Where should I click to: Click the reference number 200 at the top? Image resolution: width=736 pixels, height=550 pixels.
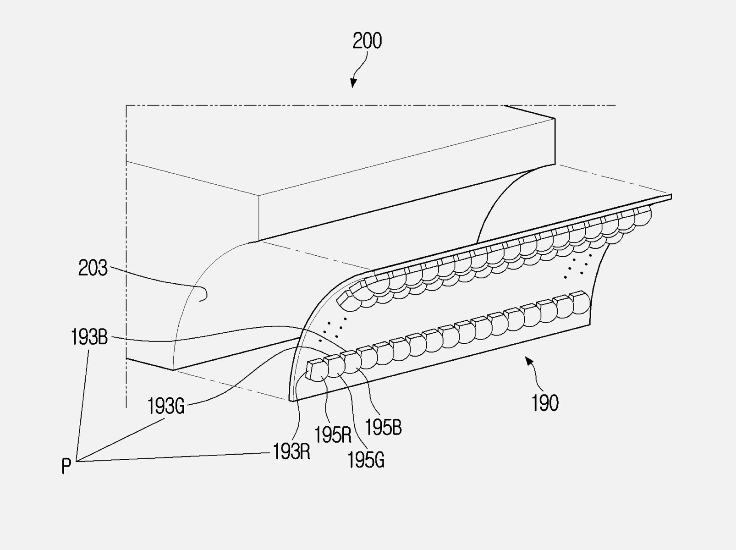367,41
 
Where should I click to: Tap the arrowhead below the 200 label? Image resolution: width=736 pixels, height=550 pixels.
353,83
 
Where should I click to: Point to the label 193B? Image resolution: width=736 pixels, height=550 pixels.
89,338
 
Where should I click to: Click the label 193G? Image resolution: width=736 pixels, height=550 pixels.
165,406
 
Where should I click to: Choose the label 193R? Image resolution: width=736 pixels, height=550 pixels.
291,452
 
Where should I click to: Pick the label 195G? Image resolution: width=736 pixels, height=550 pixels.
365,460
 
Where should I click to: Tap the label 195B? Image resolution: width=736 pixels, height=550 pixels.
383,428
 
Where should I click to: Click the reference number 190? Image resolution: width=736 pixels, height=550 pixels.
545,404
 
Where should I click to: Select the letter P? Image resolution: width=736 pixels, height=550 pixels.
66,467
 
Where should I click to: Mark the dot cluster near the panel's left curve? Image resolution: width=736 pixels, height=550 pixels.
334,325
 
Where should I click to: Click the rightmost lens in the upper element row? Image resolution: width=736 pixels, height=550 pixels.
643,216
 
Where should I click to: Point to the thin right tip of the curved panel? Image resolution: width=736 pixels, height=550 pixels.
670,197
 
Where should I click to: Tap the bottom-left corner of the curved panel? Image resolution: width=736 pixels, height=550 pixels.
291,400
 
